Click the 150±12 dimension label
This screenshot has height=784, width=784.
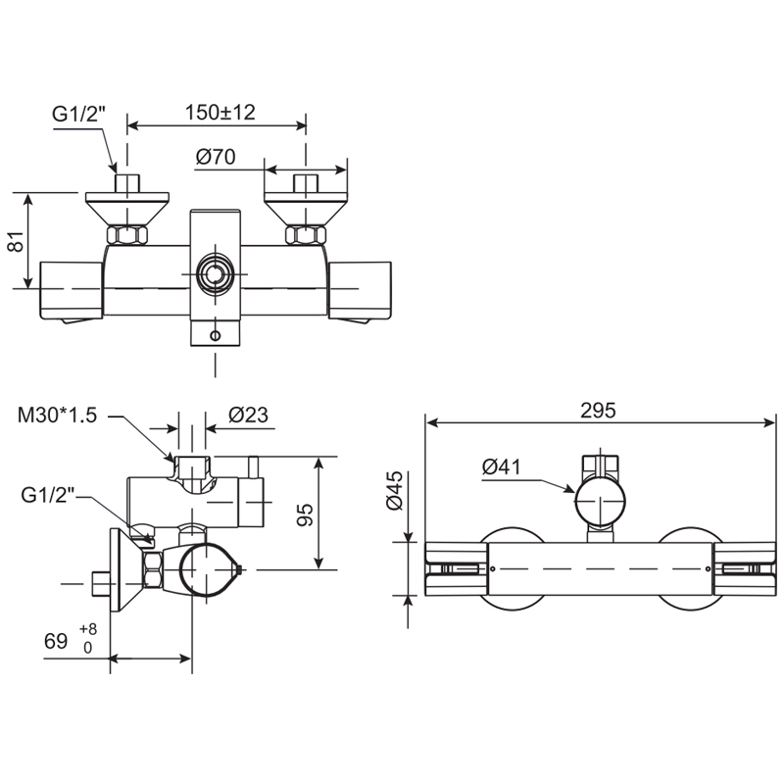(x=220, y=112)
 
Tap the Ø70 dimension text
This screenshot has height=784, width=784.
(x=217, y=156)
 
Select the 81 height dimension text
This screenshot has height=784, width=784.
(x=16, y=242)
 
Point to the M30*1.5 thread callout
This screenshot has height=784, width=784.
(x=58, y=415)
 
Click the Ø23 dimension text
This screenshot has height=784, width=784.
(x=249, y=415)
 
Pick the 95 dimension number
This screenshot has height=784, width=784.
(x=304, y=513)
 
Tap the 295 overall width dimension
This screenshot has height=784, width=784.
(x=598, y=411)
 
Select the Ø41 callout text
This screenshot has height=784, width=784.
(x=502, y=468)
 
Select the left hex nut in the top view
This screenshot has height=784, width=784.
(x=128, y=235)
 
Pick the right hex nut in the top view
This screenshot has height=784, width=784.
(x=304, y=235)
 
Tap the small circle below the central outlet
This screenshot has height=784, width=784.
(x=216, y=334)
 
